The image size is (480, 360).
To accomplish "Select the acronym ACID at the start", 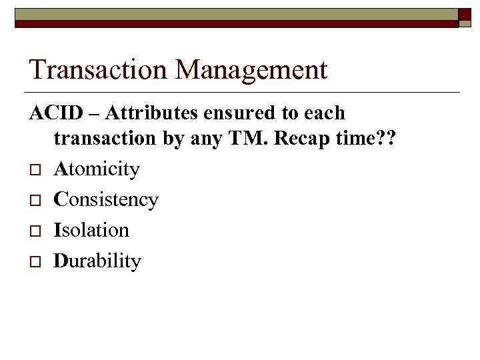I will (x=54, y=113).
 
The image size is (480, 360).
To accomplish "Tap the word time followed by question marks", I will (x=365, y=139).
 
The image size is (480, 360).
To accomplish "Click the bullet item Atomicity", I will (x=97, y=169).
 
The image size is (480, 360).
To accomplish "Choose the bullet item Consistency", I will (x=106, y=199).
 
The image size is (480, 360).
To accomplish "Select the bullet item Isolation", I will (x=91, y=229).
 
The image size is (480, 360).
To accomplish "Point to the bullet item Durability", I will (x=97, y=260).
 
